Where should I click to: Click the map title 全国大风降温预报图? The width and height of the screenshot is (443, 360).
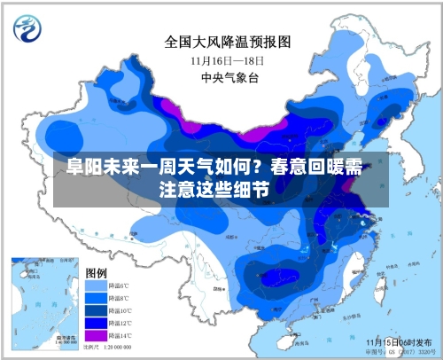[x=228, y=42]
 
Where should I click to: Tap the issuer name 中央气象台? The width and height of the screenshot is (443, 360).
[x=228, y=77]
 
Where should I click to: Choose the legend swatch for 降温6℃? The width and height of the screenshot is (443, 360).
[x=94, y=286]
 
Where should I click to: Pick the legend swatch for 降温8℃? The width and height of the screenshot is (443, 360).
[x=94, y=299]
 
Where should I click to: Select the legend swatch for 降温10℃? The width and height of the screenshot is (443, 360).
[x=94, y=311]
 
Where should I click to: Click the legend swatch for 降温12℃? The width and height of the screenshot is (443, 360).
[x=94, y=324]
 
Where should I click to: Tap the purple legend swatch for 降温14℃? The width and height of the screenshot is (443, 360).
[x=94, y=336]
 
